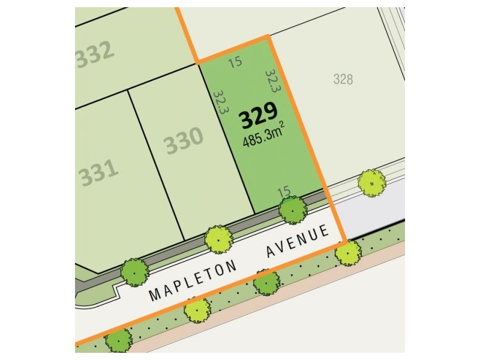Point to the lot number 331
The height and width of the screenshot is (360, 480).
pos(97,173)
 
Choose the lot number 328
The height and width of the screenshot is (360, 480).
pos(343,79)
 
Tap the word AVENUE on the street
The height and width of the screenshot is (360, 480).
pos(299,242)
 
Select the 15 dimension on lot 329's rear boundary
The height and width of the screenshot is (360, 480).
pos(236,62)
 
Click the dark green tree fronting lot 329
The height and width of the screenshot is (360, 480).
pos(293,209)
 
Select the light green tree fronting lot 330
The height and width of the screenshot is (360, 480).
pos(218,239)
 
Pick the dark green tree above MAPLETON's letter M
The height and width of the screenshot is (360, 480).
pos(134,272)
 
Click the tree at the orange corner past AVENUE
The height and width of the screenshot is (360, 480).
pos(348,252)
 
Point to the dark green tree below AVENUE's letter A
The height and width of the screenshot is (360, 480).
pos(266,282)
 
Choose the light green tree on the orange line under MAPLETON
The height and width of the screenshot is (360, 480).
pos(196,310)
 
